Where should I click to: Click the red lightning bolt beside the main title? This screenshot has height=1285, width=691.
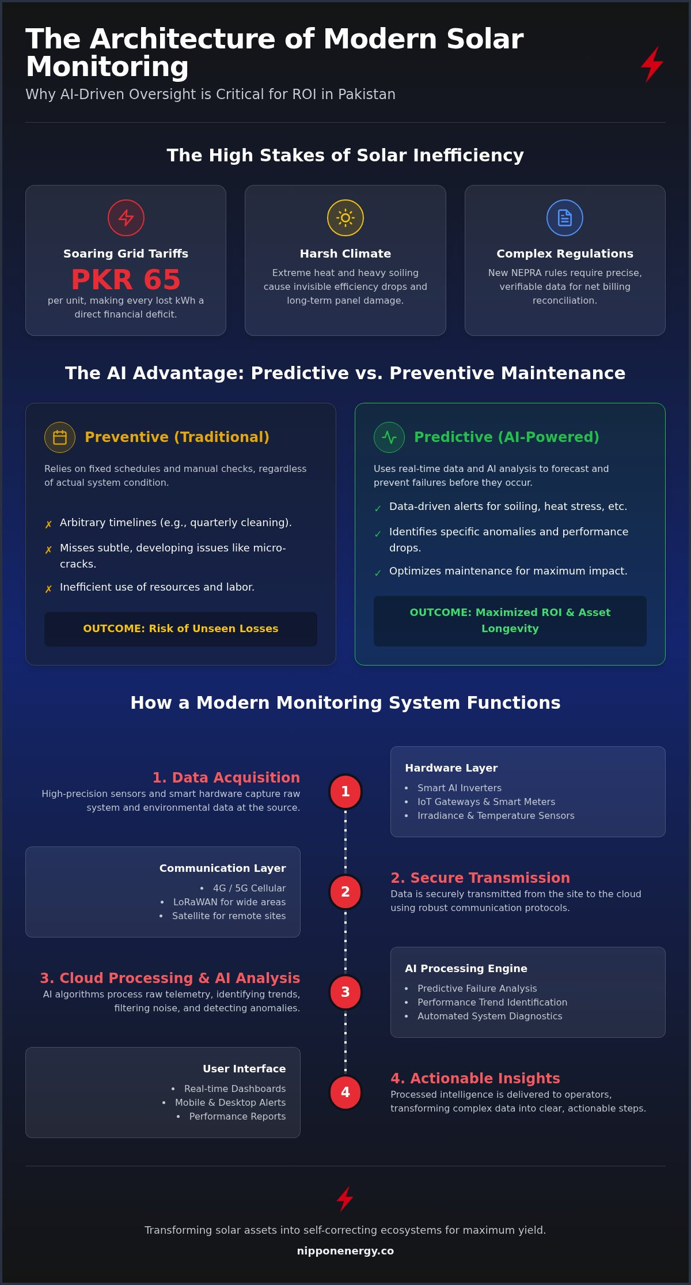coord(652,64)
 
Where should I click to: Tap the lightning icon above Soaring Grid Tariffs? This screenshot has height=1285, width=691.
coord(126,218)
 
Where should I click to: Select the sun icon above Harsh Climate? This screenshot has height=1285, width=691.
coord(345,218)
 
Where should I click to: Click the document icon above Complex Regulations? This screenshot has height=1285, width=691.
coord(565,218)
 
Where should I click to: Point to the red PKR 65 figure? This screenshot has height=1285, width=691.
coord(126,280)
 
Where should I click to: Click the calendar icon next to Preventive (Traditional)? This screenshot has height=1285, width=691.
coord(60,437)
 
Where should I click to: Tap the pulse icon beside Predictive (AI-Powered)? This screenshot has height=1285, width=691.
coord(389,437)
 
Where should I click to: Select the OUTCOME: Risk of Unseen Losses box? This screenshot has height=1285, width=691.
coord(181,629)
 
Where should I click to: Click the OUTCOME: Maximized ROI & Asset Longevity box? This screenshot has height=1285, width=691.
coord(510,621)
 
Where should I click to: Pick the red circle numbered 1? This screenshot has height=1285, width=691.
coord(345,792)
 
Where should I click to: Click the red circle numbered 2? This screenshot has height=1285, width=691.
coord(345,892)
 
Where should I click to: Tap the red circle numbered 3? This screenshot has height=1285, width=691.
coord(345,992)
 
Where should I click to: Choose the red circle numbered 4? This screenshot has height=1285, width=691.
coord(345,1093)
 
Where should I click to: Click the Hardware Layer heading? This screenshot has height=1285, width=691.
coord(451,768)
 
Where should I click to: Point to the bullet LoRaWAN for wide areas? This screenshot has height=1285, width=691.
coord(229,902)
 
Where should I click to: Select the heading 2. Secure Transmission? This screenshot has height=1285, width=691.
coord(480,878)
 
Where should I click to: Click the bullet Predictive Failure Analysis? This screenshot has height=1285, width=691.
coord(477,989)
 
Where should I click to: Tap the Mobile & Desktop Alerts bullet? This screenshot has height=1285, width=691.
coord(230,1103)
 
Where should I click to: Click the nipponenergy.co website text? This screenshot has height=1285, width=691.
coord(345,1251)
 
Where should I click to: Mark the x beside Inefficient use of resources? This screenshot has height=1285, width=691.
coord(48,589)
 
